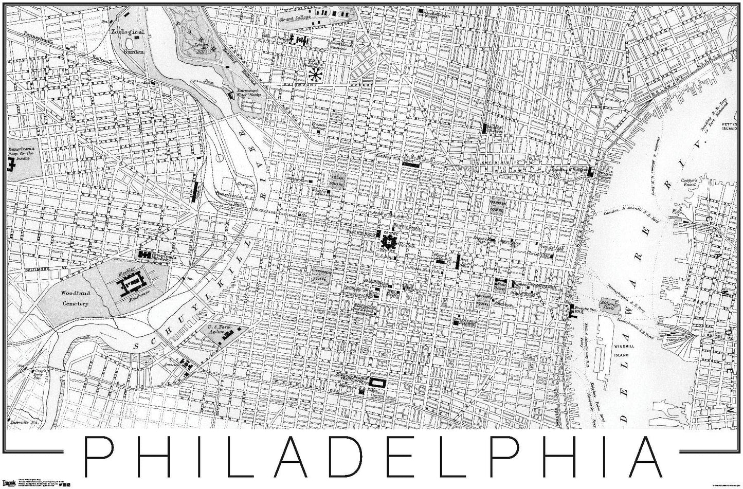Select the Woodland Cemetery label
[77, 298]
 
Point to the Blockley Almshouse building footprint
[130, 285]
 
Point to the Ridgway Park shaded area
[610, 306]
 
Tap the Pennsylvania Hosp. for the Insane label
[21, 152]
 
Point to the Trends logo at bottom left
[10, 482]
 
